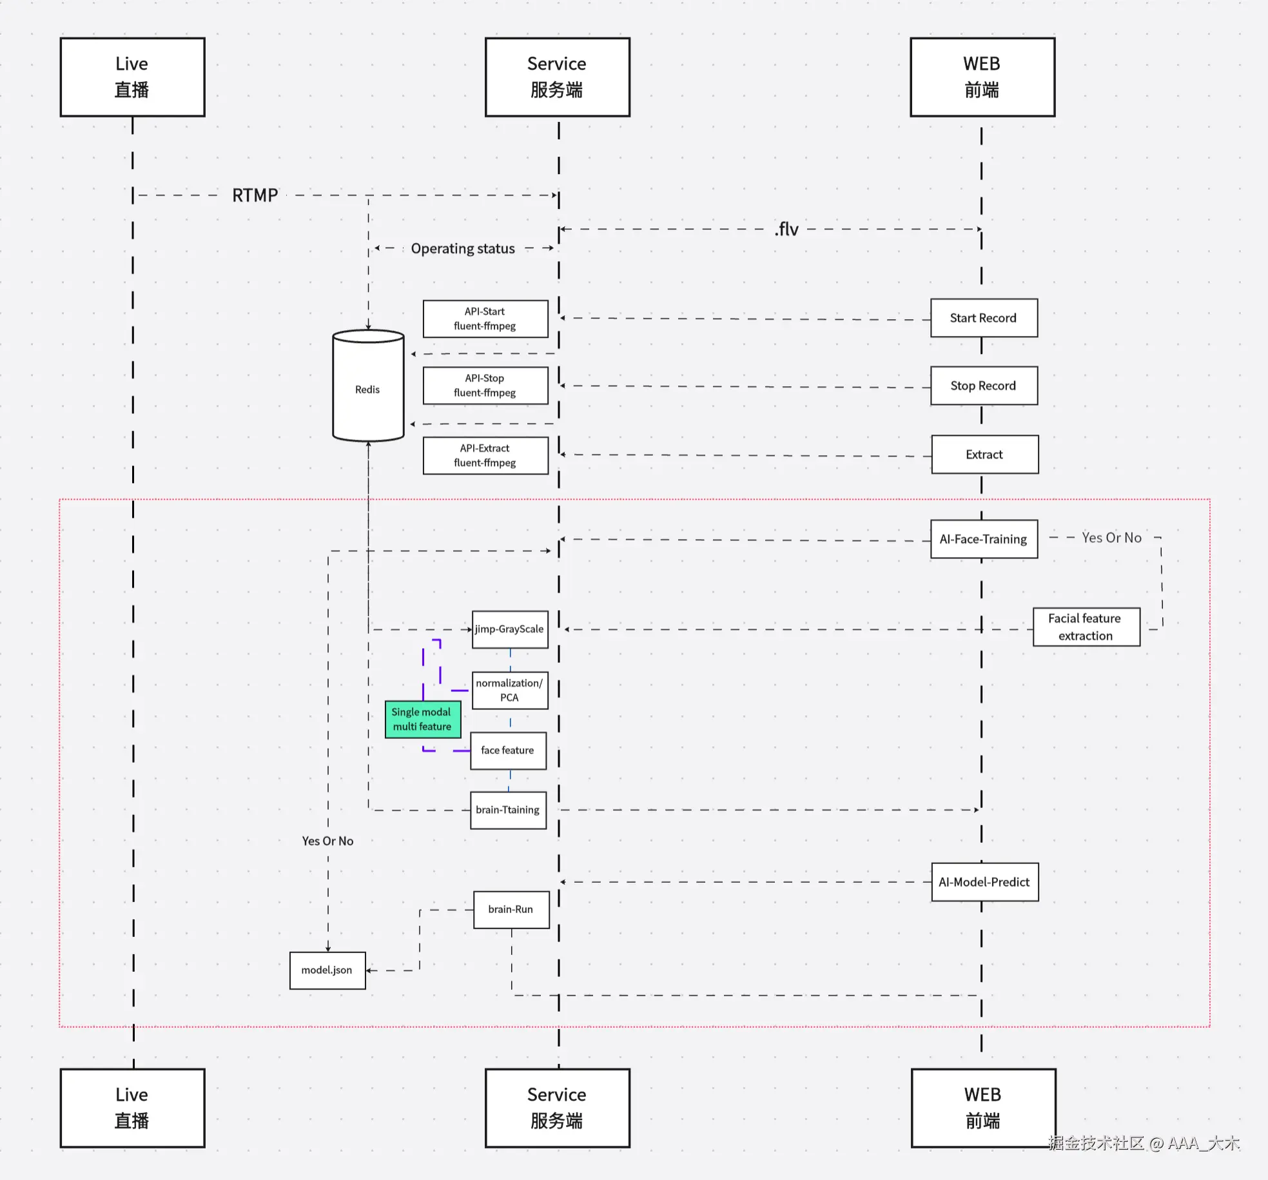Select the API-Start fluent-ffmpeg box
[485, 319]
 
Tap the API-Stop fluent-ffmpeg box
[485, 386]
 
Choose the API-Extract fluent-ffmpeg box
[485, 455]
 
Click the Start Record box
[984, 318]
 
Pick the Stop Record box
[984, 386]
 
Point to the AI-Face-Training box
[984, 539]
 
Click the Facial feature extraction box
[1086, 627]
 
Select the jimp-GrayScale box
[510, 629]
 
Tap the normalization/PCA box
[510, 690]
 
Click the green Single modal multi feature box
[423, 719]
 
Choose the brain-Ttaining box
[508, 810]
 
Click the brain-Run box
[511, 909]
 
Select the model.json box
[327, 970]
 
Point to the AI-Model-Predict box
[984, 882]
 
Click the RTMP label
[255, 195]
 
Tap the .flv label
[786, 229]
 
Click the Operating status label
[463, 248]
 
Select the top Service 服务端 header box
[557, 77]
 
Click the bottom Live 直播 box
[132, 1108]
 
